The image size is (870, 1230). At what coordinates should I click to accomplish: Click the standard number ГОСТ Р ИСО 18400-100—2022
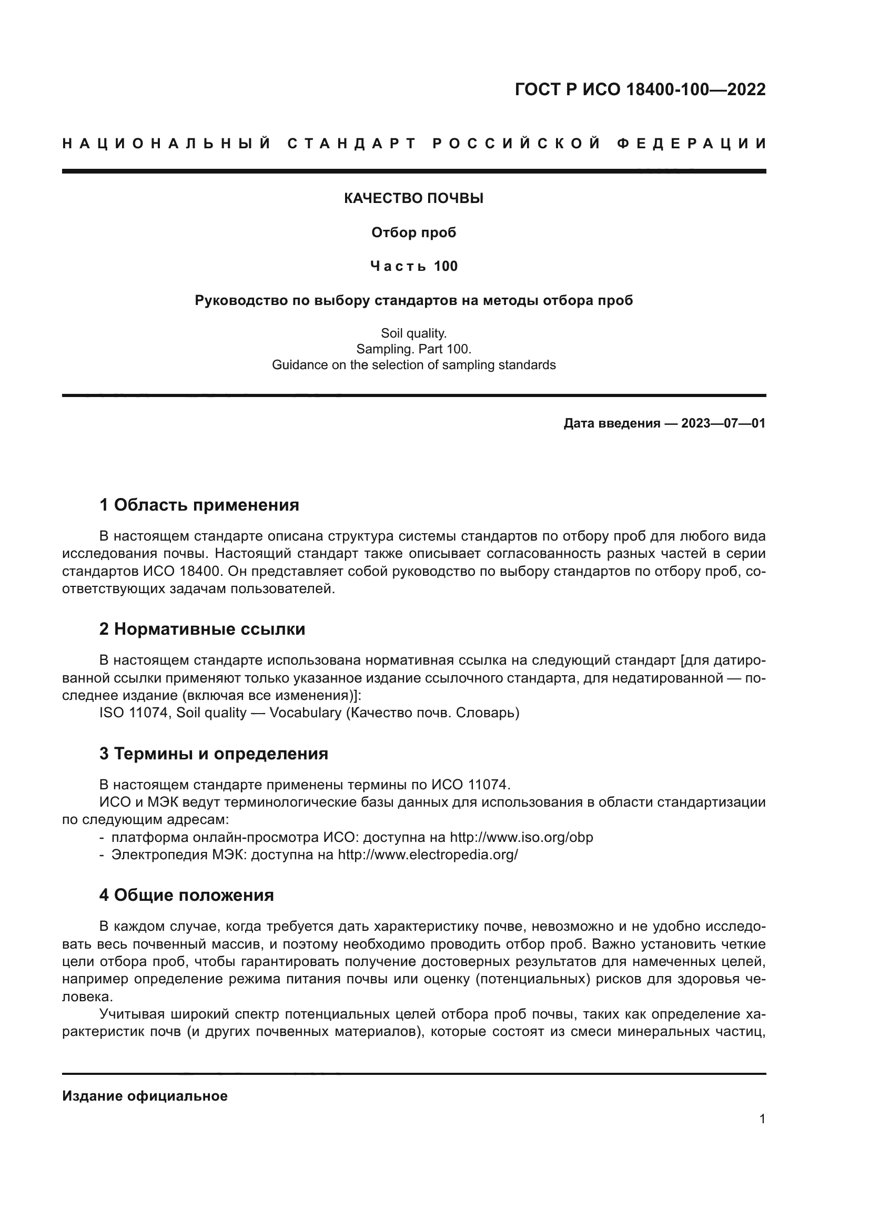[640, 89]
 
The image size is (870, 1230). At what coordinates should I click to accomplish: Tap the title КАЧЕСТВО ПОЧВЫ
[413, 199]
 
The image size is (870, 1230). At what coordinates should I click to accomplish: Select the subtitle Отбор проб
[413, 232]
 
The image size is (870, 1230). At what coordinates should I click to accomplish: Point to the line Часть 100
[413, 266]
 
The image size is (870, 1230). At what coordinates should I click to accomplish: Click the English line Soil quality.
[413, 334]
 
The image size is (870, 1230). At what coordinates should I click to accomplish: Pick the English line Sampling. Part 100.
[413, 349]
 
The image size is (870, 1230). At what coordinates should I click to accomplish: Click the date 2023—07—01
[723, 424]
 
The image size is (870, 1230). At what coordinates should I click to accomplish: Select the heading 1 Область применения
[199, 505]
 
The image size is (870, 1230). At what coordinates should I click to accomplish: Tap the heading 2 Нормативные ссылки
[202, 629]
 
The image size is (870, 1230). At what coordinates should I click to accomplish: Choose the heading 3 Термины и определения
[213, 754]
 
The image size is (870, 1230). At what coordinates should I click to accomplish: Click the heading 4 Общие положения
[186, 895]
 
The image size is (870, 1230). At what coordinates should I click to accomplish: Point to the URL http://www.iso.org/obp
[521, 837]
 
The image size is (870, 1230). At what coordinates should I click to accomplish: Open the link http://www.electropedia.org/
[428, 855]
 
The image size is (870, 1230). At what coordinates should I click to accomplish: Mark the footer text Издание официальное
[145, 1096]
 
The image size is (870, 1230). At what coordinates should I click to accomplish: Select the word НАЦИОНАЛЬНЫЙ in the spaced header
[167, 144]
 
